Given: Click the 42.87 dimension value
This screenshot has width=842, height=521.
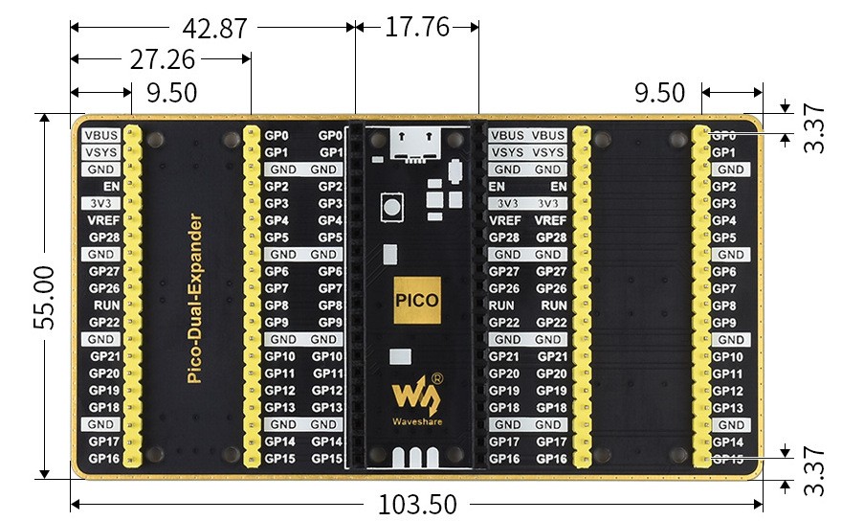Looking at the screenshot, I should pyautogui.click(x=208, y=29).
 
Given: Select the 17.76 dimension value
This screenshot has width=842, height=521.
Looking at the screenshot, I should pyautogui.click(x=417, y=27).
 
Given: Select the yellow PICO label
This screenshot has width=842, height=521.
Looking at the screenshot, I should pyautogui.click(x=416, y=300).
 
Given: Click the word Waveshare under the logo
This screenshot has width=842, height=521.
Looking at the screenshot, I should pyautogui.click(x=415, y=420).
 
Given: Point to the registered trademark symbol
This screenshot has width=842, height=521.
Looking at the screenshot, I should pyautogui.click(x=437, y=378).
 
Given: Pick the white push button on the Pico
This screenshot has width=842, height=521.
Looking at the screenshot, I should pyautogui.click(x=390, y=206).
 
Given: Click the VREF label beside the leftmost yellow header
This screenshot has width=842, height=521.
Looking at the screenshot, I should pyautogui.click(x=102, y=220).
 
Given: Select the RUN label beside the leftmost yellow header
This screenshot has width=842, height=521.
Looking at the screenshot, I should pyautogui.click(x=105, y=306).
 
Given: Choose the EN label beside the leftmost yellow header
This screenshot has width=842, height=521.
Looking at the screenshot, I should pyautogui.click(x=111, y=186).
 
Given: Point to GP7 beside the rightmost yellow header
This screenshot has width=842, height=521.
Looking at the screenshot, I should pyautogui.click(x=724, y=288).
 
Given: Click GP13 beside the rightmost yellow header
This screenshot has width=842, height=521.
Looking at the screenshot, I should pyautogui.click(x=727, y=408).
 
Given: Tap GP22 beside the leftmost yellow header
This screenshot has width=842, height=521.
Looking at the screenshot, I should pyautogui.click(x=103, y=323).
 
